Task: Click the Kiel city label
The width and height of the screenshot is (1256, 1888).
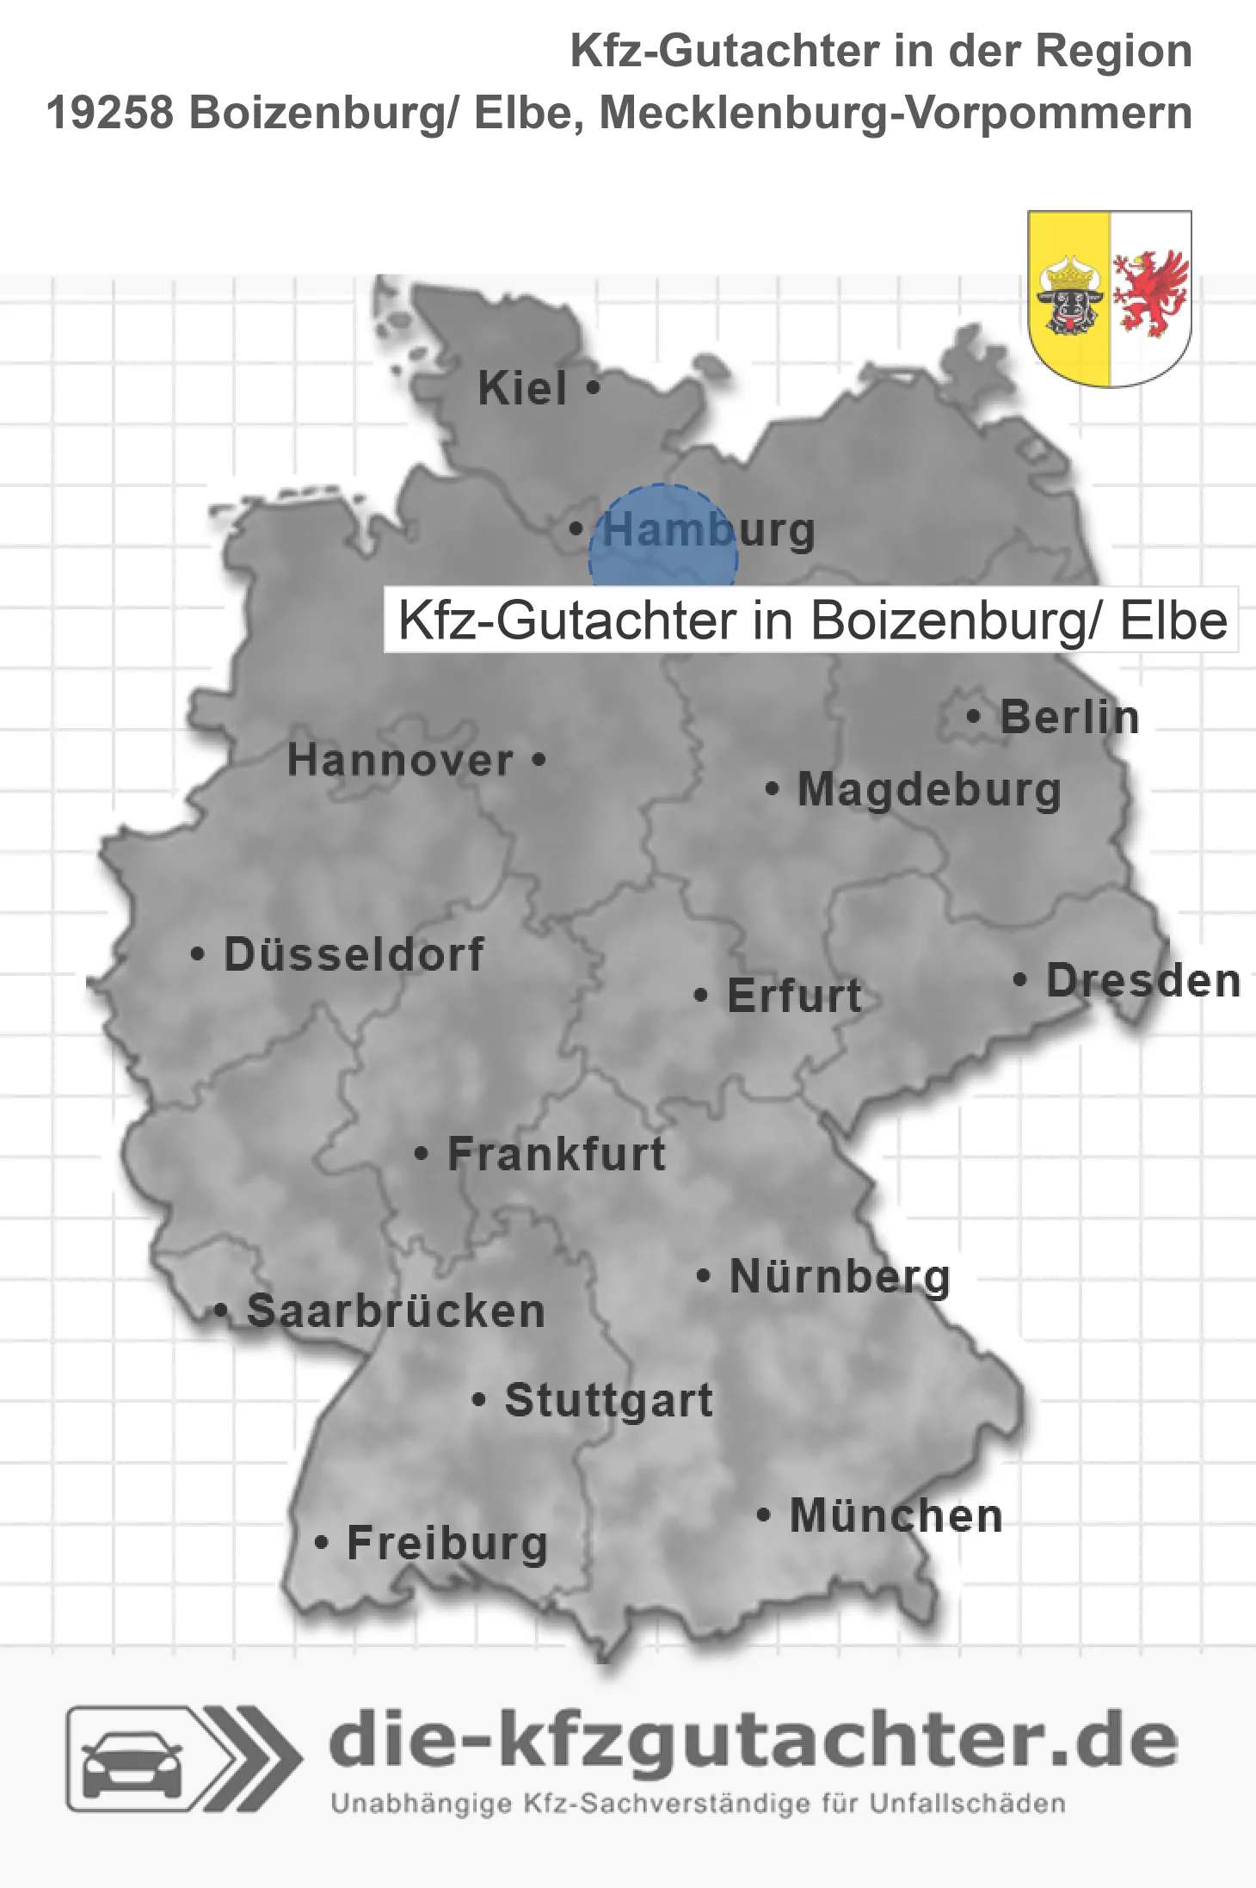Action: coord(522,389)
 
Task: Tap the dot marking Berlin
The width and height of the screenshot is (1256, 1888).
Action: coord(973,716)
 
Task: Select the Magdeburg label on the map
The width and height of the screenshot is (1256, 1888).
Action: coord(929,790)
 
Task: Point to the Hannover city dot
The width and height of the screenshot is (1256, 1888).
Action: coord(539,760)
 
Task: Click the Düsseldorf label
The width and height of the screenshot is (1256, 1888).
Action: coord(354,954)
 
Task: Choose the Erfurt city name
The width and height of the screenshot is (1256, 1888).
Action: coord(794,996)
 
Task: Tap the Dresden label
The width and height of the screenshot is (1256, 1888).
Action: coord(1143,981)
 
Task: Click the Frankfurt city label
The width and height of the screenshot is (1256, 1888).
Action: coord(557,1154)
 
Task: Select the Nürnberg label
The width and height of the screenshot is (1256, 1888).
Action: coord(840,1276)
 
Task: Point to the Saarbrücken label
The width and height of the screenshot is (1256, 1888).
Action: coord(396,1311)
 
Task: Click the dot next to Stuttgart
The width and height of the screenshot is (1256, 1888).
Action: coord(479,1400)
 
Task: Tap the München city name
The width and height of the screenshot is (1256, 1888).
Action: coord(896,1515)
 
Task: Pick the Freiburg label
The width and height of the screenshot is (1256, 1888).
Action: coord(447,1543)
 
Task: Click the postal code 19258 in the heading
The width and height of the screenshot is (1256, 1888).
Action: coord(110,114)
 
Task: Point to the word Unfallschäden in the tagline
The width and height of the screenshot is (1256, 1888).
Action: coord(967,1804)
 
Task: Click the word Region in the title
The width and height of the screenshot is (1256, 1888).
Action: coord(1113,52)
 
